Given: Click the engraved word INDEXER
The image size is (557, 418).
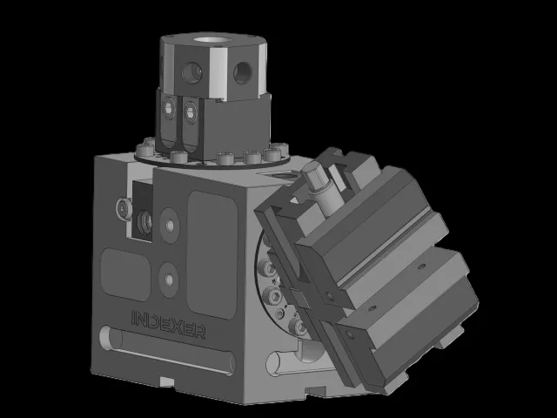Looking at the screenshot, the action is click(x=168, y=325).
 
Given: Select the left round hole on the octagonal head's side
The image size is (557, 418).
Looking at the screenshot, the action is click(x=191, y=72).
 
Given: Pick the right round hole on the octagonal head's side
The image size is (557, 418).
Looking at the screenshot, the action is click(x=243, y=72).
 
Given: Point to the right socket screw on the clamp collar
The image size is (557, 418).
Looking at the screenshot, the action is click(x=191, y=112).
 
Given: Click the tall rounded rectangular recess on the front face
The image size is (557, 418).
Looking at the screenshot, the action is click(x=212, y=254).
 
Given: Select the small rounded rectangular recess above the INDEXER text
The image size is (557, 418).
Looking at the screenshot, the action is click(x=125, y=274).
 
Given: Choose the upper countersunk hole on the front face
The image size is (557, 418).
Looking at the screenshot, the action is click(x=170, y=226).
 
